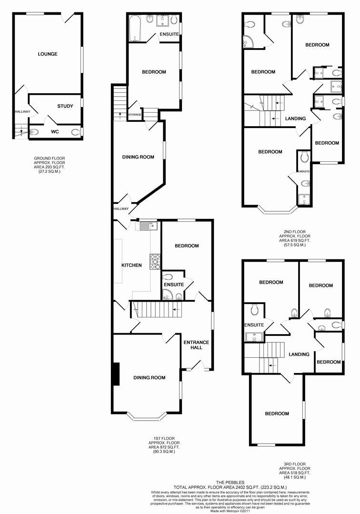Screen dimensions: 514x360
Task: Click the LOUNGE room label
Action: [x=48, y=54]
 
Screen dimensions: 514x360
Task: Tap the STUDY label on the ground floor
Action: [x=65, y=106]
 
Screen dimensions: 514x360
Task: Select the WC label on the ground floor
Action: [x=55, y=132]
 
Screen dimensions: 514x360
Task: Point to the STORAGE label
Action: [x=135, y=115]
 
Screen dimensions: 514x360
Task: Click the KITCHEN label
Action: [x=131, y=265]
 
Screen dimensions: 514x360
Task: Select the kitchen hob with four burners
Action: [x=155, y=261]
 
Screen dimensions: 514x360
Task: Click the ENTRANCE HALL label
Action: [x=196, y=345]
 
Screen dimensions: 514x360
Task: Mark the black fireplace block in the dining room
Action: [x=116, y=374]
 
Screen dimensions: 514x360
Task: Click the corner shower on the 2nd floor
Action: [x=250, y=42]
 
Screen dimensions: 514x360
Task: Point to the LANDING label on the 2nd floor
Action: [x=295, y=119]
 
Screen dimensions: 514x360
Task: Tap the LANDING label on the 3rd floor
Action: [x=299, y=354]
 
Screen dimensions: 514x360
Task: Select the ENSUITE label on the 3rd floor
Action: [x=254, y=325]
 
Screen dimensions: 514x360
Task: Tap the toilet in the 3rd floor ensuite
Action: [x=254, y=309]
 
